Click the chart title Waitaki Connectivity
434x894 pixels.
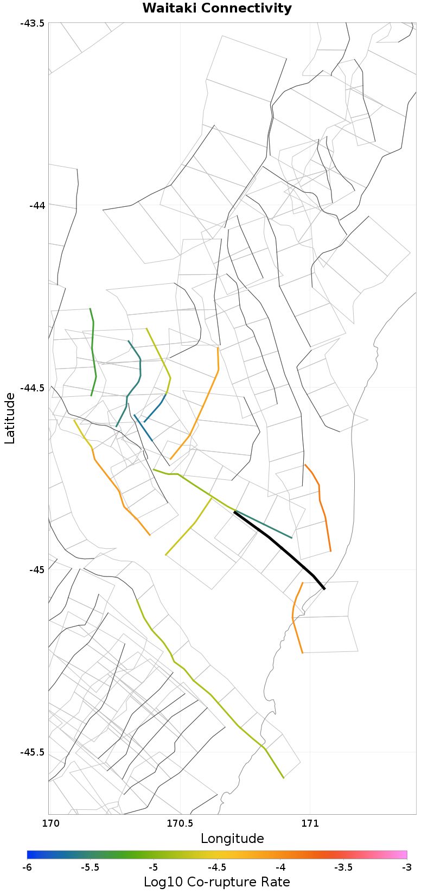(217, 9)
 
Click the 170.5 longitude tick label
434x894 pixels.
(180, 823)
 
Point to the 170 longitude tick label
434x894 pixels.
(49, 823)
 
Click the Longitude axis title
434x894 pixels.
(232, 839)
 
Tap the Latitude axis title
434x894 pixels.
(10, 419)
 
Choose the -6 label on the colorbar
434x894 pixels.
(27, 868)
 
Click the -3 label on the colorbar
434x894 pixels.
(406, 868)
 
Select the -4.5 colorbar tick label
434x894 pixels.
(217, 868)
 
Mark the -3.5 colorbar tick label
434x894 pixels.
(343, 868)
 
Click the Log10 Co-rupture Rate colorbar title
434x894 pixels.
(217, 882)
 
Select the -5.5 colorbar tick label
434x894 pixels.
(90, 868)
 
